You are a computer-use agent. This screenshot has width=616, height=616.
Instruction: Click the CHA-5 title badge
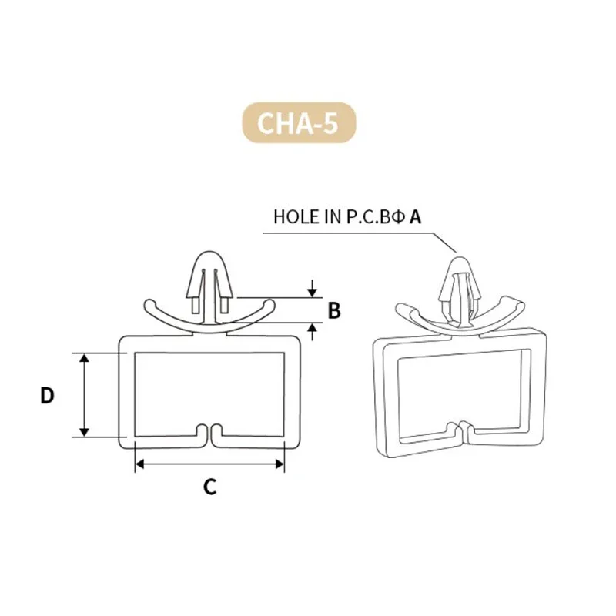(299, 122)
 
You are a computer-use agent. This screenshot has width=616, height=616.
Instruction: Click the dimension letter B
(334, 310)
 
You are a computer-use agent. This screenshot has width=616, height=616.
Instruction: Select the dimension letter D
(47, 395)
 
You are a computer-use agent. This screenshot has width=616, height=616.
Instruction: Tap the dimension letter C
(209, 487)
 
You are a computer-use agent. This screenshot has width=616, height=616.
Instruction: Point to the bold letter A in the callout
(415, 217)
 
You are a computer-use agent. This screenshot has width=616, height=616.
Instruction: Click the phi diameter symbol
(397, 217)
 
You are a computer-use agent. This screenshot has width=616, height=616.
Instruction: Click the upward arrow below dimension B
(312, 332)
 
